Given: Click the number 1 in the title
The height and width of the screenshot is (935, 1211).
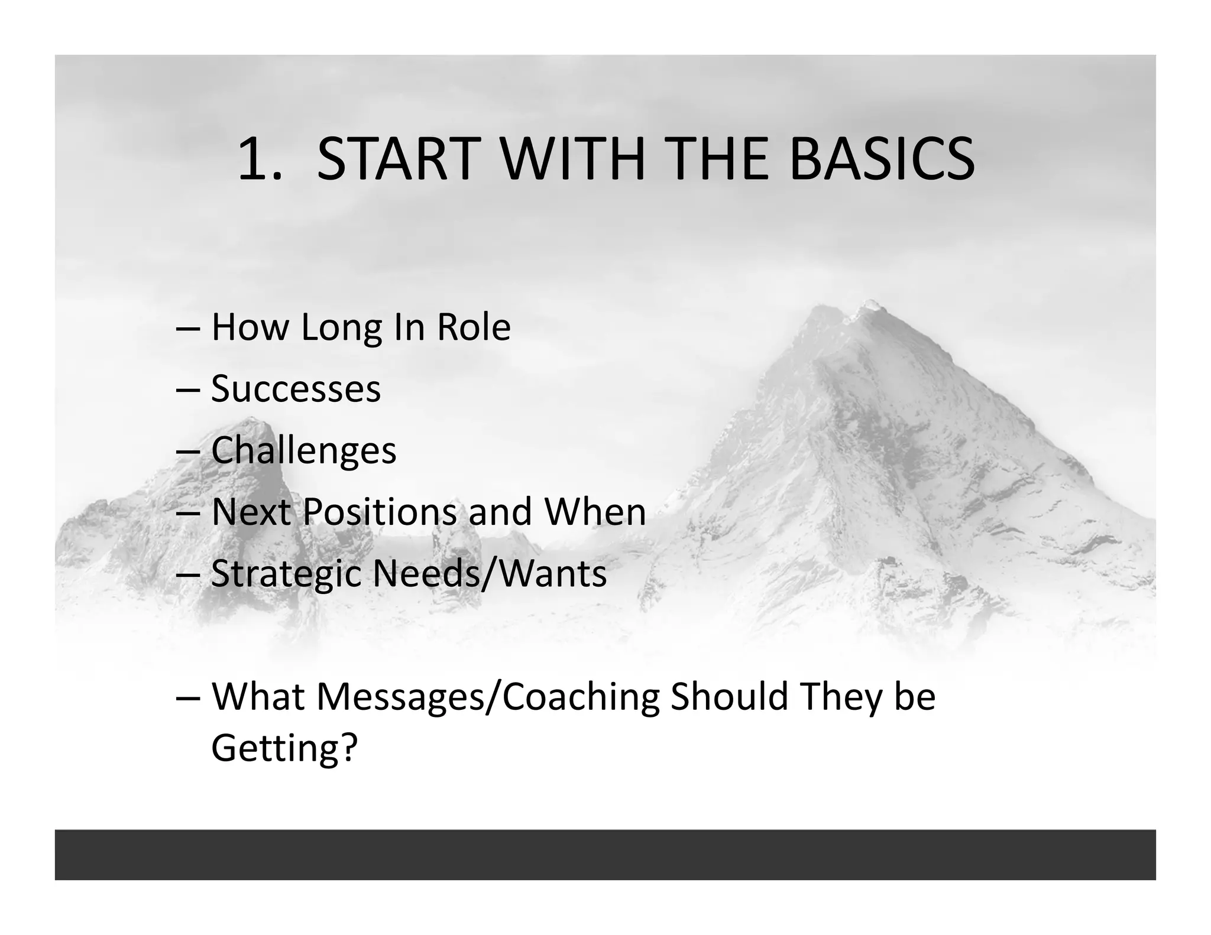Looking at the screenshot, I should [x=252, y=159].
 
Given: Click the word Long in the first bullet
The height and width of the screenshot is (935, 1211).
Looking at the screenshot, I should [x=341, y=328].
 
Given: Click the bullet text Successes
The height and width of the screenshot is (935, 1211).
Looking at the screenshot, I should [x=296, y=389].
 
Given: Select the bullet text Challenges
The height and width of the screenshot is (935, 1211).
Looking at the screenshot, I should [x=303, y=451].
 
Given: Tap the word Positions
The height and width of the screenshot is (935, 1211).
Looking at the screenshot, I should [x=379, y=512].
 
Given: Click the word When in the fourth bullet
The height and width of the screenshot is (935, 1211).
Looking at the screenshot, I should [x=595, y=512].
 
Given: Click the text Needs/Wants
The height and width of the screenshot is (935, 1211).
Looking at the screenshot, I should [x=489, y=573].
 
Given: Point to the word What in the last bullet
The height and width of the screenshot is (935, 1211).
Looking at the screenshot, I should [x=258, y=696].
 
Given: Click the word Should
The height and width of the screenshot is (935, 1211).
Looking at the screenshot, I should [x=730, y=696].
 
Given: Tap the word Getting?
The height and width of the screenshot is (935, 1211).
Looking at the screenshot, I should [x=284, y=748].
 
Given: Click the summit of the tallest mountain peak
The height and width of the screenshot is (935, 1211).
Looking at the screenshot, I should [x=869, y=306].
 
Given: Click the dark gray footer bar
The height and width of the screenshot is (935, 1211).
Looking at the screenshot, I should [x=605, y=854].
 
